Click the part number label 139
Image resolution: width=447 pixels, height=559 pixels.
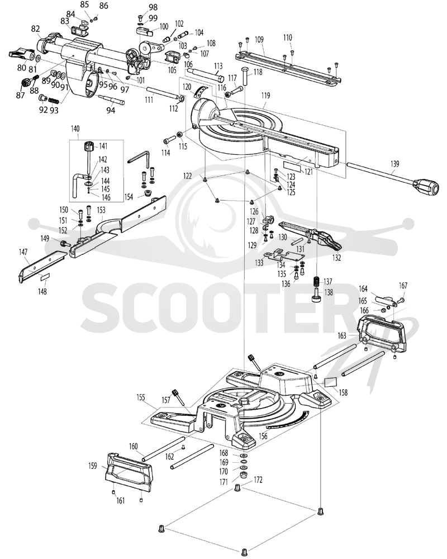click(x=394, y=164)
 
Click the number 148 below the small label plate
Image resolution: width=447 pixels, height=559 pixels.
click(x=42, y=292)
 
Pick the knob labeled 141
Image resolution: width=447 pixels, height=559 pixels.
click(x=88, y=146)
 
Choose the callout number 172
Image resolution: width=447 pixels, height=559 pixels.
click(x=258, y=480)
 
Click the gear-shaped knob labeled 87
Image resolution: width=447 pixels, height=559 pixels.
click(x=25, y=83)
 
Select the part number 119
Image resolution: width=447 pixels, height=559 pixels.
click(x=265, y=96)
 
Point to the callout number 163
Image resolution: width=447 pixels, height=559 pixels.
click(x=342, y=335)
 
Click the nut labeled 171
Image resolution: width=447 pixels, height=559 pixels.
click(x=244, y=475)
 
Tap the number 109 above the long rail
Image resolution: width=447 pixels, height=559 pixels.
click(x=259, y=39)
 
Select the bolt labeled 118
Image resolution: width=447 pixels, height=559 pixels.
click(x=245, y=75)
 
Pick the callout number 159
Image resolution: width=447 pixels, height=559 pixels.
click(x=92, y=466)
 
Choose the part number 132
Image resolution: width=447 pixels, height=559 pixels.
click(x=336, y=257)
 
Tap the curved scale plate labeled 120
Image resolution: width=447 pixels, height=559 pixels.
click(x=201, y=91)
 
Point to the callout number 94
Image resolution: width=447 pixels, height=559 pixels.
click(x=111, y=111)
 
